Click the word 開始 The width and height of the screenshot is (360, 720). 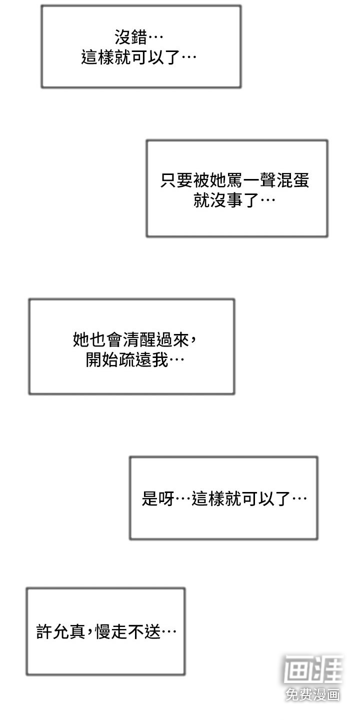(x=101, y=360)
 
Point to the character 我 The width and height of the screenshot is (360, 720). (x=160, y=360)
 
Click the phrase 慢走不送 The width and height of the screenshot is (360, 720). (x=128, y=631)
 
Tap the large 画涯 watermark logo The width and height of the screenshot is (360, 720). (x=313, y=669)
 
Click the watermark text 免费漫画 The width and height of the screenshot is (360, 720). (x=313, y=694)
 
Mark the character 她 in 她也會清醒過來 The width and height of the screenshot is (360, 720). (x=81, y=339)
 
